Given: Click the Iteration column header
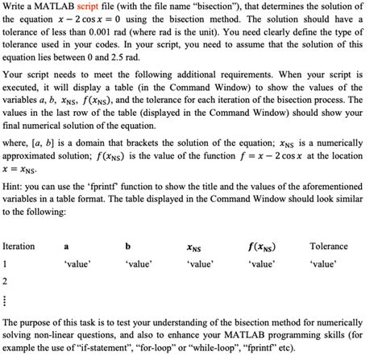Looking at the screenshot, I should [19, 246].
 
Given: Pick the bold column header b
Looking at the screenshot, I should [127, 246].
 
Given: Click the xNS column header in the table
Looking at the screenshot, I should [193, 247].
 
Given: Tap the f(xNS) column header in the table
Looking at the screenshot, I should [260, 246].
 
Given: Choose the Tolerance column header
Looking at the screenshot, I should [328, 246].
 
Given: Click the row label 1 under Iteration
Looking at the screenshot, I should [6, 263].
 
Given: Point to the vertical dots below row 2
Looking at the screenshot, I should [6, 300].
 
